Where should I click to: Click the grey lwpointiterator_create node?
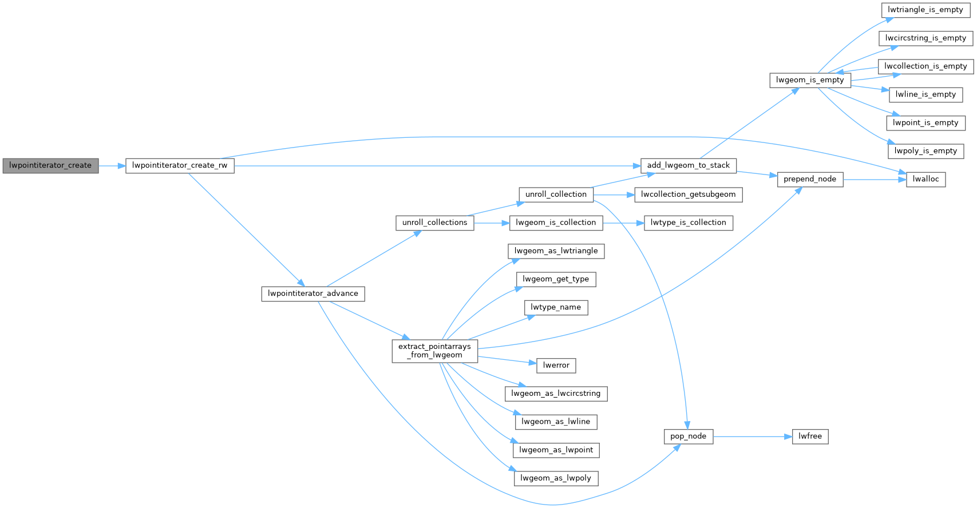coord(50,166)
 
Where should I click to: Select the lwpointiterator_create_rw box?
coord(180,166)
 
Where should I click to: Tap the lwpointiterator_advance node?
coord(313,294)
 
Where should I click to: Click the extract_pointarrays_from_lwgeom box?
coord(434,351)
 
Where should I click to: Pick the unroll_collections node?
coord(434,223)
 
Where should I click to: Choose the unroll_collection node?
coord(556,195)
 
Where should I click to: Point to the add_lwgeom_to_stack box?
coord(688,166)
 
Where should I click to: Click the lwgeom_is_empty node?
coord(810,80)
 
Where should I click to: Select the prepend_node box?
coord(810,180)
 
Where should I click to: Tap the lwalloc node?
coord(925,180)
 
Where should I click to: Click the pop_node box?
coord(688,436)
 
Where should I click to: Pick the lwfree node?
coord(810,436)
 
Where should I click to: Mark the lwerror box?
coord(556,366)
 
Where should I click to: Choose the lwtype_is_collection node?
coord(688,223)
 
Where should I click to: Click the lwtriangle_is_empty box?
coord(925,10)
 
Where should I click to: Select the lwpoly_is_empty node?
coord(925,151)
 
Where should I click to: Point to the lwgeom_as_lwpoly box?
coord(556,478)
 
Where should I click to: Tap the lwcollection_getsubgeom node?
coord(688,195)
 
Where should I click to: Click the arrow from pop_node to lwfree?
coord(752,436)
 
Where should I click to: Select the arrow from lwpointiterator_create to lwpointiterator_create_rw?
coord(112,166)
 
